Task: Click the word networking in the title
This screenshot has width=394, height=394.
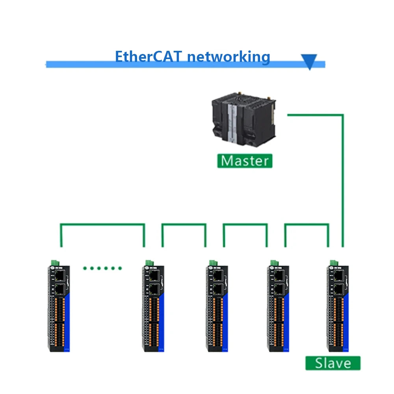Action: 229,56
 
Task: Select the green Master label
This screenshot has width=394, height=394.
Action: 245,161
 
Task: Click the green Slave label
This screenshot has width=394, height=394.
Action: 333,363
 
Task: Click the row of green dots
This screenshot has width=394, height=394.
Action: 102,268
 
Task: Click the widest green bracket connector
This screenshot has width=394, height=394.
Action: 102,225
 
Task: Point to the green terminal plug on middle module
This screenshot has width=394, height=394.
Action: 213,262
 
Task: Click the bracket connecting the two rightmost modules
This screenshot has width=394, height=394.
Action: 307,225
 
